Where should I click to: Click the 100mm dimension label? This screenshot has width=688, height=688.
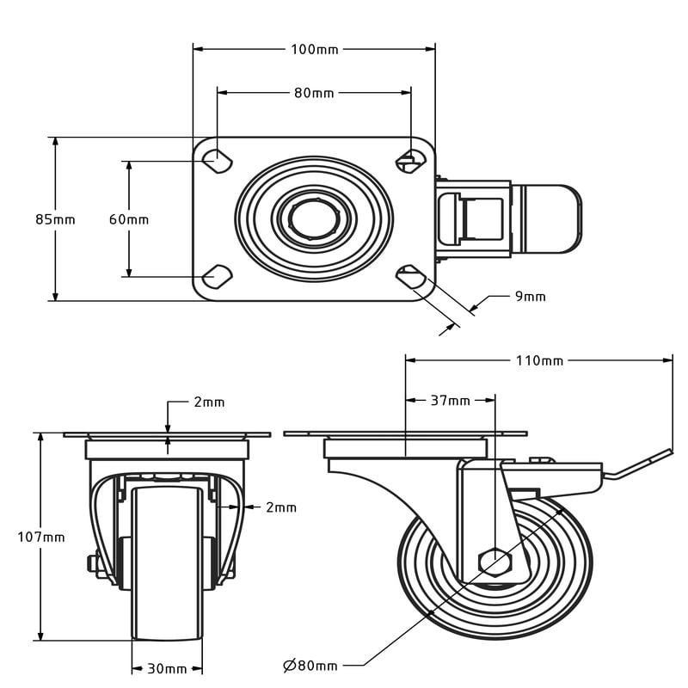point(315,50)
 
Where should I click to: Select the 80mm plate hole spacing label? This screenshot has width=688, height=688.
point(314,93)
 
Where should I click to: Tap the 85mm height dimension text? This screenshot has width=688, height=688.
point(55,219)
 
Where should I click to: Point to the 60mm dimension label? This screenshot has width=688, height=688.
point(129,219)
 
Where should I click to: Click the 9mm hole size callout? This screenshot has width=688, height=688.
point(530,297)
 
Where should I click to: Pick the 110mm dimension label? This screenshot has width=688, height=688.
point(539,360)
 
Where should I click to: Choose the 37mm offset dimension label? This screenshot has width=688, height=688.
point(450,401)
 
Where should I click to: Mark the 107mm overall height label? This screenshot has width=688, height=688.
point(41,537)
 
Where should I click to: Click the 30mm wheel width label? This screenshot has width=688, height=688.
point(167,669)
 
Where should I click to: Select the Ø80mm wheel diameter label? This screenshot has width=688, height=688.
point(310,666)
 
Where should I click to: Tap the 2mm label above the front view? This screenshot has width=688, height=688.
point(209,402)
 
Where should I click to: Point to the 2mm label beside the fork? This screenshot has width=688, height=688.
point(281,507)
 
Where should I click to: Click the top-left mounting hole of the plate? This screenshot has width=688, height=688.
point(218,161)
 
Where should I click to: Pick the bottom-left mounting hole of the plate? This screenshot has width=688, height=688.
point(218,277)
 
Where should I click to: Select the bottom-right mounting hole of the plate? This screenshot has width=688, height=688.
point(411,277)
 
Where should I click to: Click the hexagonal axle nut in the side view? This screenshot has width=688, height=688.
point(495,562)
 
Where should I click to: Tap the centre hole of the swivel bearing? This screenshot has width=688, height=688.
point(314,219)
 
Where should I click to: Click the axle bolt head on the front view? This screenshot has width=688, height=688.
point(93,563)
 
